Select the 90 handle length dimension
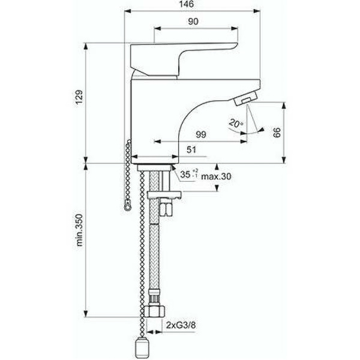[192, 22]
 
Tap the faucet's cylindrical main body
[150, 120]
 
